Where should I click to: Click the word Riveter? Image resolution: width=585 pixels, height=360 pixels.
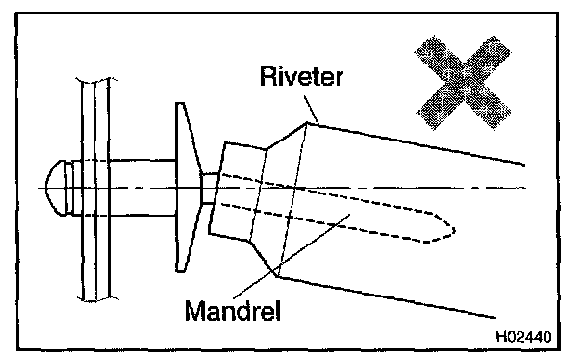pos(301,76)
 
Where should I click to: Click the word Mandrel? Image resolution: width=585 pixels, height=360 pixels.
pos(233,310)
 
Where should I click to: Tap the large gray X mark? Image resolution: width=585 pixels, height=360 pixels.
pos(463,83)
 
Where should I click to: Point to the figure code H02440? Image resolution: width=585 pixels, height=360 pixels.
pos(523,337)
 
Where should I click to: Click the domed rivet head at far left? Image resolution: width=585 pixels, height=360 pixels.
pos(56,188)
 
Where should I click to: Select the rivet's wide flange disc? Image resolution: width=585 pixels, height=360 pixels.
pos(187,188)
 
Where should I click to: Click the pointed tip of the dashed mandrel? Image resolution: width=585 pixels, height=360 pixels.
pos(454,231)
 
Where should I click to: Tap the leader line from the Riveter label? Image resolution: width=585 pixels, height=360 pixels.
pos(312,110)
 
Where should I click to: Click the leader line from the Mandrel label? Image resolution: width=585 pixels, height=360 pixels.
pos(292,256)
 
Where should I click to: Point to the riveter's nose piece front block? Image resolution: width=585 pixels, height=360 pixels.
pos(238,192)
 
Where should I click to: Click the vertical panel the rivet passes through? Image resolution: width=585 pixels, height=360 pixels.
pos(95,189)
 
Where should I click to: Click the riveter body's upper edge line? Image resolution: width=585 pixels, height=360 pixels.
pos(416,143)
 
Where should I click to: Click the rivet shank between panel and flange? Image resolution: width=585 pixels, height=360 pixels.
pos(142,188)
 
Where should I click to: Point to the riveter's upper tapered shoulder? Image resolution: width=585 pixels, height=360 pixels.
pos(287,136)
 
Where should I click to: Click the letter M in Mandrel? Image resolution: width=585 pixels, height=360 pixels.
pos(196,310)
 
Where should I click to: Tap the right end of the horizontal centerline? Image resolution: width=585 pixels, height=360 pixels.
pos(525,188)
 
